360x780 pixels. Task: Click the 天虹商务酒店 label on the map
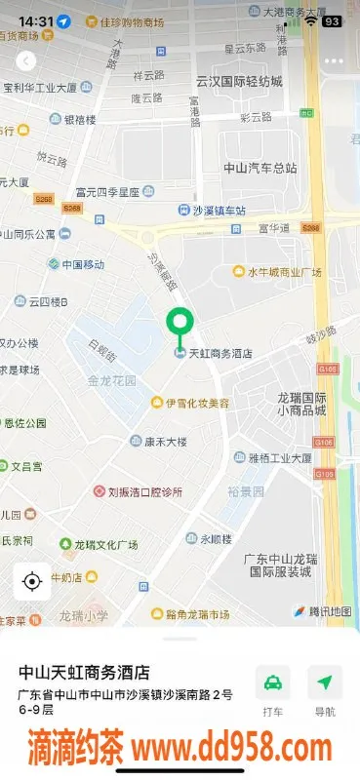pyautogui.click(x=219, y=353)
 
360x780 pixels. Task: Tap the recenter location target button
pyautogui.click(x=31, y=582)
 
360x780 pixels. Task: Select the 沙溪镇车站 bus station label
pyautogui.click(x=219, y=211)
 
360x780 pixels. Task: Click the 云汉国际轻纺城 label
pyautogui.click(x=239, y=81)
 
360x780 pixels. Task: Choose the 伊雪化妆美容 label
pyautogui.click(x=197, y=403)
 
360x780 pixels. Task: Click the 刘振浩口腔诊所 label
pyautogui.click(x=144, y=491)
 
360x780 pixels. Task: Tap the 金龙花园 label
pyautogui.click(x=111, y=380)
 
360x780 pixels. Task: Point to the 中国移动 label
pyautogui.click(x=82, y=264)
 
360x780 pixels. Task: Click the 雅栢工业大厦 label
pyautogui.click(x=279, y=456)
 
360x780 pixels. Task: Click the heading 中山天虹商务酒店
pyautogui.click(x=85, y=672)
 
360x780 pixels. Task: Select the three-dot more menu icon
pyautogui.click(x=334, y=60)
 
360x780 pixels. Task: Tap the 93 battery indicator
pyautogui.click(x=332, y=20)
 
